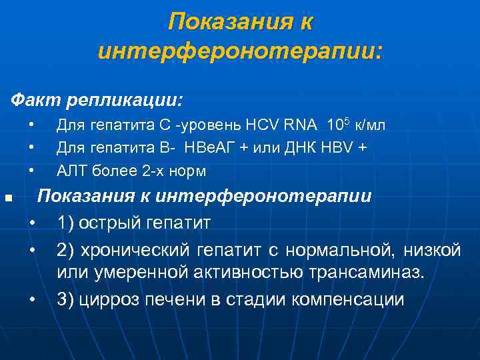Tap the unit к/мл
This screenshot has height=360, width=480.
point(370,125)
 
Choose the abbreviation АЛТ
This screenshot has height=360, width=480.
point(70,171)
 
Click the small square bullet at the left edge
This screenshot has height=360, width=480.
point(8,198)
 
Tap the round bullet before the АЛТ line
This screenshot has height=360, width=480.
point(31,171)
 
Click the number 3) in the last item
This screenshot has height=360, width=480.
point(65,299)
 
